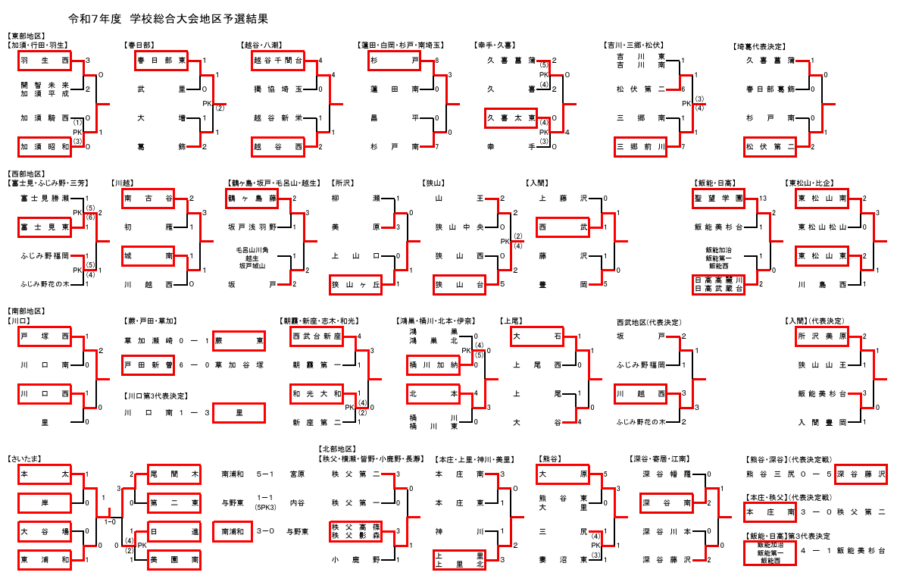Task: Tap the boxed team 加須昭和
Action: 45,146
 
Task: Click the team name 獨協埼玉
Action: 278,89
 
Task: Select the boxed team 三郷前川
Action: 641,146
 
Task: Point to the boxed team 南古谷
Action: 148,199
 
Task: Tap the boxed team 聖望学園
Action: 718,199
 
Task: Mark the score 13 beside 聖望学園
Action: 762,199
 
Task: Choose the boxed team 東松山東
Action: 821,256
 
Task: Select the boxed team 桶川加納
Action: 433,365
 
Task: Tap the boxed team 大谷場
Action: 45,531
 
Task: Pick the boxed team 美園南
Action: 174,560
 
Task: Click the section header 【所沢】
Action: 342,183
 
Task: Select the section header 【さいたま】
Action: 26,458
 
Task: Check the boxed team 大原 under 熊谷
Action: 563,474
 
